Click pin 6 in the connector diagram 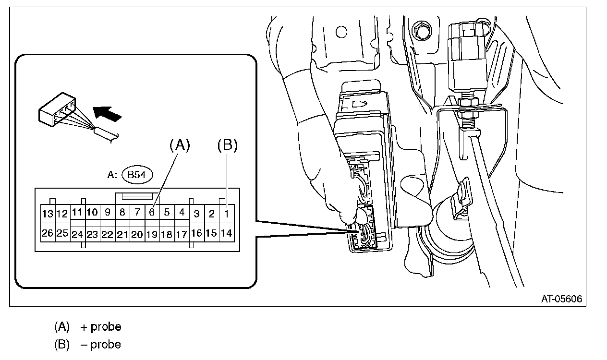(x=152, y=212)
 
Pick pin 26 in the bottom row (x=48, y=233)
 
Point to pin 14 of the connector (x=227, y=233)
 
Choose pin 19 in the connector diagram (x=152, y=235)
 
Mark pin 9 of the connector (x=108, y=212)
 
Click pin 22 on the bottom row (x=108, y=235)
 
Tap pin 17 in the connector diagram (x=182, y=235)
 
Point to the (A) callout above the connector (x=180, y=145)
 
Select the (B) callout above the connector (x=227, y=145)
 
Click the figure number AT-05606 (x=561, y=299)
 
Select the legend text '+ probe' (x=101, y=327)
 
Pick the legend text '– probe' (x=101, y=345)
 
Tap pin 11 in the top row (x=77, y=212)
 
